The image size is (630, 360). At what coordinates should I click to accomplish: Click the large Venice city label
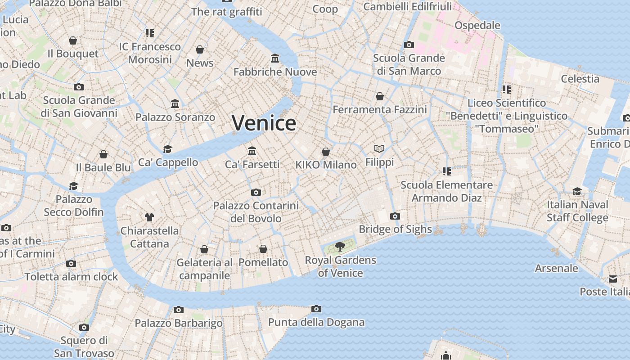[x=264, y=123]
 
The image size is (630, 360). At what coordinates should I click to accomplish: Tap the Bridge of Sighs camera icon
[x=395, y=216]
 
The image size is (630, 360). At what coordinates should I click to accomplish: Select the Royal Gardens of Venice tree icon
[x=340, y=246]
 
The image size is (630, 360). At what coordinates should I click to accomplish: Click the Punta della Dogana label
[x=316, y=322]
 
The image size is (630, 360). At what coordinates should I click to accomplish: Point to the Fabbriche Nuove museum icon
[x=275, y=58]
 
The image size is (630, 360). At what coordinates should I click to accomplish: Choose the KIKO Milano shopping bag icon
[x=326, y=152]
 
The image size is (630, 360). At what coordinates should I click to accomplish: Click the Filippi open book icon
[x=379, y=148]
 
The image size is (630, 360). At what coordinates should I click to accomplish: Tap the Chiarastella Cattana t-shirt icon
[x=149, y=217]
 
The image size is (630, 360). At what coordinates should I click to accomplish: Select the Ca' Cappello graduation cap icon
[x=168, y=149]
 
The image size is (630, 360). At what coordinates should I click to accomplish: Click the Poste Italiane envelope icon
[x=613, y=279]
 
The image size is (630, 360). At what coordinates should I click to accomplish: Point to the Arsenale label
[x=556, y=268]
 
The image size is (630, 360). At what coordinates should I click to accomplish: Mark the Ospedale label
[x=477, y=25]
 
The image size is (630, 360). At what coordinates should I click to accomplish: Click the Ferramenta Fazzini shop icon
[x=380, y=96]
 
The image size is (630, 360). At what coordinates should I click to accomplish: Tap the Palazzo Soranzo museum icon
[x=175, y=104]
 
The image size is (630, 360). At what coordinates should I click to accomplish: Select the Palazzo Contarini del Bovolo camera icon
[x=256, y=192]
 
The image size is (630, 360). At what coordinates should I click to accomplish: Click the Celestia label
[x=580, y=79]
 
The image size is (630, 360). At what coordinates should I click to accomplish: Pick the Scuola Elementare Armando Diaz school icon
[x=446, y=171]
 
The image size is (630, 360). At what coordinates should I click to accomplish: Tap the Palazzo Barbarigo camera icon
[x=179, y=310]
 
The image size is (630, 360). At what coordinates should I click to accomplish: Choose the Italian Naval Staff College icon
[x=577, y=191]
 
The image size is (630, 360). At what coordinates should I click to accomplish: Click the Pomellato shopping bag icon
[x=263, y=249]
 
